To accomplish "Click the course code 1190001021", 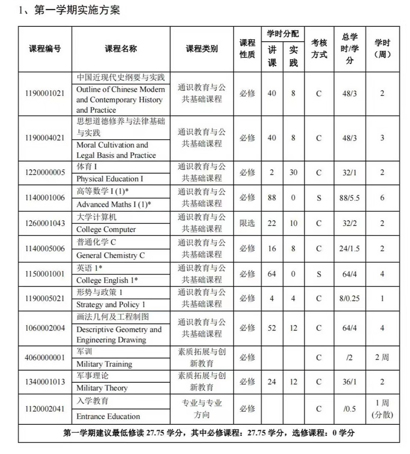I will tap(44, 93).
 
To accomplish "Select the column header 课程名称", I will tap(121, 49).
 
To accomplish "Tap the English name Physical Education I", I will tap(110, 179).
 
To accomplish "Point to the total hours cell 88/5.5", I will tap(349, 198).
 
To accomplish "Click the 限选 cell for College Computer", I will tap(247, 223).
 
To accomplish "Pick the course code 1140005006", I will tap(44, 249).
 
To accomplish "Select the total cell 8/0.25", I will tap(349, 299).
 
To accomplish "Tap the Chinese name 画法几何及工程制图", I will tap(113, 317).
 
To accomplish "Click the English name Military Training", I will tap(104, 364).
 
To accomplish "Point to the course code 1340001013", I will tap(44, 382).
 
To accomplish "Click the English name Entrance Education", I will tap(108, 416).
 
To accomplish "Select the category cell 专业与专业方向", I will tap(202, 409).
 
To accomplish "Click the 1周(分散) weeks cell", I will tap(382, 409).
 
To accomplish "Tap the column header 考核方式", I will tap(319, 49).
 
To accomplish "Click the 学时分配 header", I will tap(283, 33).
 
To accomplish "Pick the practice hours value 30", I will tap(293, 172).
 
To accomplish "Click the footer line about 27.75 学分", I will tap(209, 433).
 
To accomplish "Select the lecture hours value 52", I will tap(272, 328).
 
